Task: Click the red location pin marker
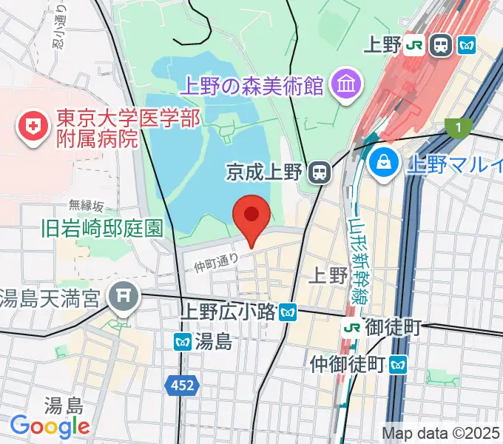tap(251, 217)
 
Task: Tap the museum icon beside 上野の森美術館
tap(345, 84)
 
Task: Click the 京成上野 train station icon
tap(320, 173)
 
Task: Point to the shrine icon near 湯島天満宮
tap(123, 298)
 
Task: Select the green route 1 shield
tap(459, 128)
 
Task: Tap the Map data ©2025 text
tap(442, 432)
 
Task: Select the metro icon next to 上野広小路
tap(288, 312)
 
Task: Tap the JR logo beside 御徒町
tap(352, 326)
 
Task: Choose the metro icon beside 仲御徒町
tap(399, 363)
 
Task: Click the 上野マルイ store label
tap(453, 164)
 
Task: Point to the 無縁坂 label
tap(87, 205)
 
